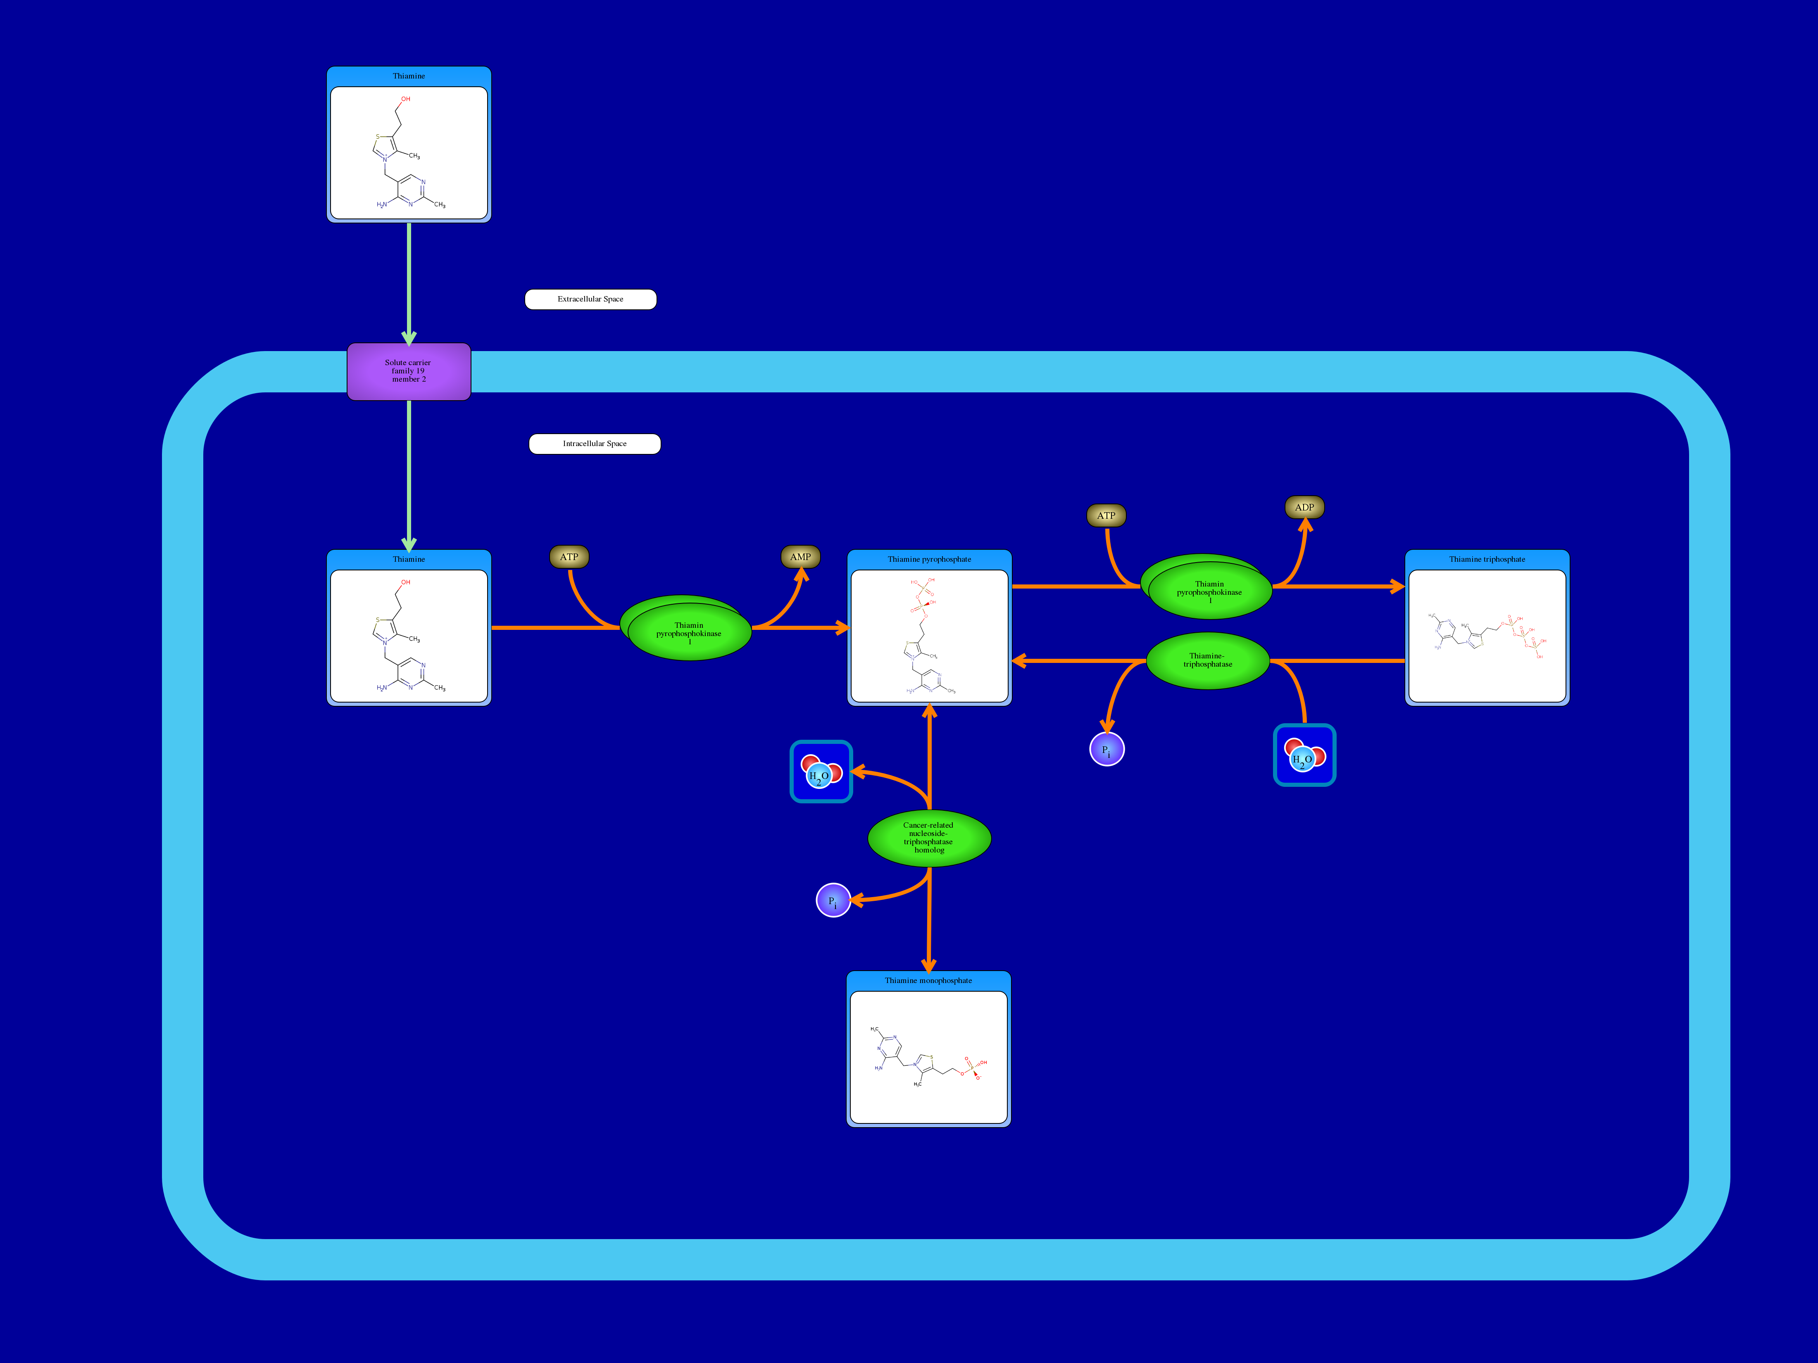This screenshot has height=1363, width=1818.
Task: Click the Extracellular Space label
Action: point(590,299)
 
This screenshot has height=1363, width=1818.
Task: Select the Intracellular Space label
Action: point(594,444)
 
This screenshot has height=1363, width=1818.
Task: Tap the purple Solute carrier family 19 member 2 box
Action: point(409,371)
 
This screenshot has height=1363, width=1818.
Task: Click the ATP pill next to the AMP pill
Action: point(569,557)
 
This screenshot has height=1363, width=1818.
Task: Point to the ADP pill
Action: point(1304,508)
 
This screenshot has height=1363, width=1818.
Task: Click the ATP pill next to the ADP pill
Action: point(1106,516)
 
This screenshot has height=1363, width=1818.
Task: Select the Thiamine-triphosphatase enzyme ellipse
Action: point(1207,660)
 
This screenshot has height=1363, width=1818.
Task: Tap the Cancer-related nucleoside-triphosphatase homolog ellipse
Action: point(929,838)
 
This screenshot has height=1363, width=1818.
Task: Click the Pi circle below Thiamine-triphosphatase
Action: point(1106,749)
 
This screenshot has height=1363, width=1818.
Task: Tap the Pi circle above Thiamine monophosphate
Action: point(833,900)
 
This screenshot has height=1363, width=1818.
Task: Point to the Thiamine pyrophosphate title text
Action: point(929,560)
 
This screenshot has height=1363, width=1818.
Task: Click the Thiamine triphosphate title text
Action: point(1487,560)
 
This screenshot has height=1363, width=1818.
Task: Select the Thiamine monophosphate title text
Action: point(928,981)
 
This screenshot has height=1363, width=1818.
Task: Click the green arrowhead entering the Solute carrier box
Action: point(409,338)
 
